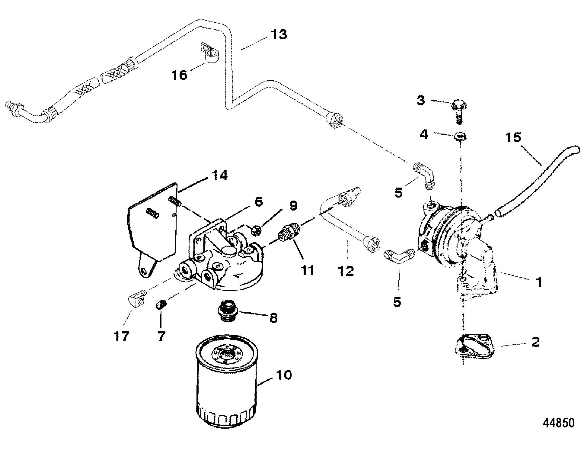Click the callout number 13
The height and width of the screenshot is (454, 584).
pyautogui.click(x=279, y=34)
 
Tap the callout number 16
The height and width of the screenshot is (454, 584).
pyautogui.click(x=180, y=74)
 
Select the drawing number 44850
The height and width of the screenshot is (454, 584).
pyautogui.click(x=559, y=423)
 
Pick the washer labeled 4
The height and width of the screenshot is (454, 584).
pyautogui.click(x=461, y=137)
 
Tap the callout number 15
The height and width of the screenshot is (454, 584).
pyautogui.click(x=513, y=137)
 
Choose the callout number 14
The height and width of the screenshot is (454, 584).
pyautogui.click(x=219, y=176)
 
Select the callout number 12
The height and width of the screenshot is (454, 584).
pyautogui.click(x=346, y=271)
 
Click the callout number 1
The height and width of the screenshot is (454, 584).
pyautogui.click(x=539, y=282)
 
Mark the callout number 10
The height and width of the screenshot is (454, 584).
pyautogui.click(x=283, y=375)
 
